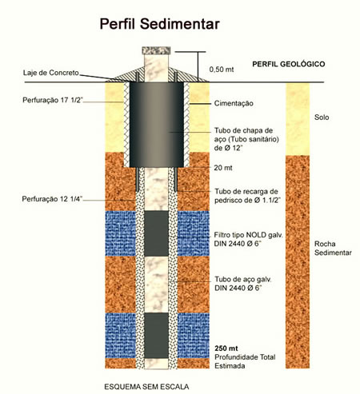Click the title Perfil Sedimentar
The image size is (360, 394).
pos(159,24)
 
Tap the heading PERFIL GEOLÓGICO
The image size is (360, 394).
pos(289,64)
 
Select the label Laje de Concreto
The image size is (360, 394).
pos(51,73)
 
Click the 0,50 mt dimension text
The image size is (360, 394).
pos(222,70)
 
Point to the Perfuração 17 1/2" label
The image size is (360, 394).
pos(53,100)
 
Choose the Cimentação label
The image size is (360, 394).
pos(234,103)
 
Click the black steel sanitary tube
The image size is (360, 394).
pos(157,125)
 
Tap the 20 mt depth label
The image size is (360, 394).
pos(223,168)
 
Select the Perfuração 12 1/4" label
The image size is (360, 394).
pos(52,199)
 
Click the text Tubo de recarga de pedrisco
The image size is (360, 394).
pos(247,196)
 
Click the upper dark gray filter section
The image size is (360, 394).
pos(156,233)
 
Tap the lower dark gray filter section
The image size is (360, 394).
pos(156,336)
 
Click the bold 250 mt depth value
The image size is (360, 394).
pos(226,348)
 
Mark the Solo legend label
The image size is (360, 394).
pos(322,117)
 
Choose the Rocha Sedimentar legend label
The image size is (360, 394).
pos(333,248)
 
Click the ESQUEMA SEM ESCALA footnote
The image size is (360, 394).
pos(146,387)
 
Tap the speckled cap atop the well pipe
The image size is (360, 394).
pos(156,50)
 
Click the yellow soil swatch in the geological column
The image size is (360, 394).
pos(298,119)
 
